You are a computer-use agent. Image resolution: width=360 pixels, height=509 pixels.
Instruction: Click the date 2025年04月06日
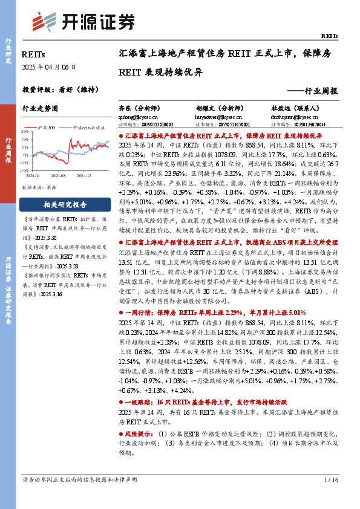[49, 67]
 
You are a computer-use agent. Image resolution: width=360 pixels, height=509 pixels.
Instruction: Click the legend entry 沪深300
[47, 128]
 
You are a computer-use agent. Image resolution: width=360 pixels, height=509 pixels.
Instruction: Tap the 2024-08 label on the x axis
[58, 175]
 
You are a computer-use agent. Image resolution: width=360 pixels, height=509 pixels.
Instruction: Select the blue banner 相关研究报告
[65, 204]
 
